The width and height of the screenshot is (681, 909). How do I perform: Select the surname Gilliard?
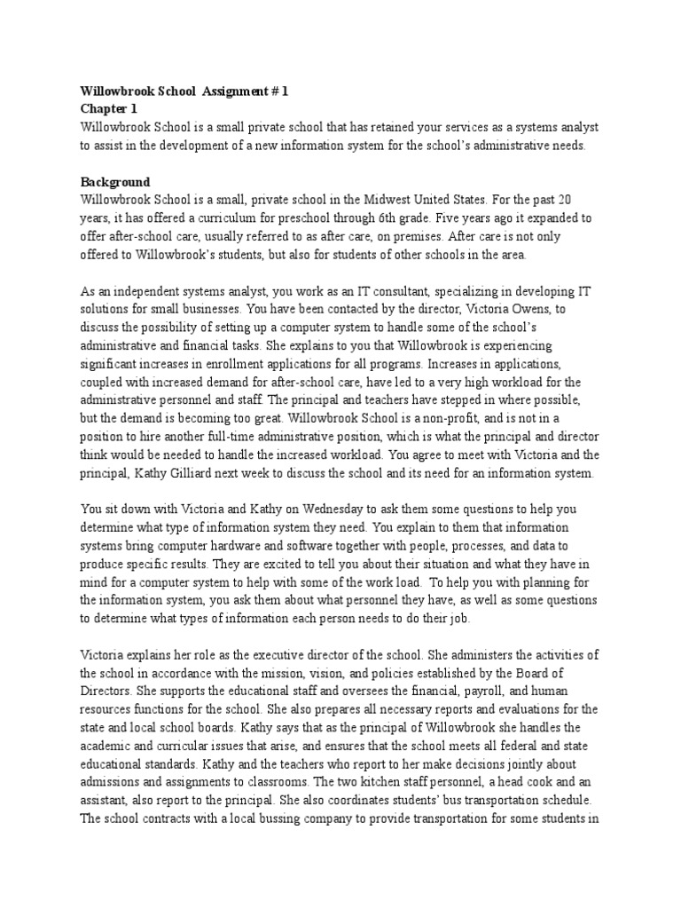pos(222,474)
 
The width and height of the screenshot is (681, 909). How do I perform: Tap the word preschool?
pos(318,217)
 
